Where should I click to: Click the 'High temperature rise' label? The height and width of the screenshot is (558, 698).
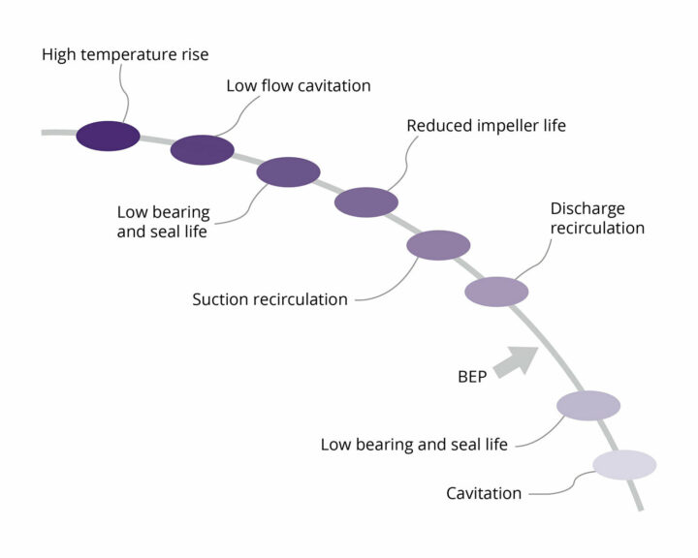125,54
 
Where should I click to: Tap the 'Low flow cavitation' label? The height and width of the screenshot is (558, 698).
299,86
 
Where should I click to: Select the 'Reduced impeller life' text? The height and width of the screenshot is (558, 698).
486,126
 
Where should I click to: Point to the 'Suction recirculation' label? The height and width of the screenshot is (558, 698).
270,299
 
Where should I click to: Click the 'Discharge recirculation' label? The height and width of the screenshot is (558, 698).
597,218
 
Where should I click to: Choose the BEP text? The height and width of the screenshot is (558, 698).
472,377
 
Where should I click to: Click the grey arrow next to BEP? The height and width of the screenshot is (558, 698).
517,361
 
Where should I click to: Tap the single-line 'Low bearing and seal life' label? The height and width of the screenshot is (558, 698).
414,445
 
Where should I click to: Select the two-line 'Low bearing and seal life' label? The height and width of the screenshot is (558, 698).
164,222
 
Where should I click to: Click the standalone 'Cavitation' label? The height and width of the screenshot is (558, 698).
484,493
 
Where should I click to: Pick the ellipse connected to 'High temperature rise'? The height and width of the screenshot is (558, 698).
109,137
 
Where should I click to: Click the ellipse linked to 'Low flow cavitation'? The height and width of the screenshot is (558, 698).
203,150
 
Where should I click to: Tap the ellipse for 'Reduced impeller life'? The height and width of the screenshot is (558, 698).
366,202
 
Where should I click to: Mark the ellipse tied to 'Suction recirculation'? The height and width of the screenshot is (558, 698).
438,245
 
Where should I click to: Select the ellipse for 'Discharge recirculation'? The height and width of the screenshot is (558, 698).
496,292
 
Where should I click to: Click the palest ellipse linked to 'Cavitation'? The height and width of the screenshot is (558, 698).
624,465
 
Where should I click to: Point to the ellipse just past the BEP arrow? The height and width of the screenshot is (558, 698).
588,406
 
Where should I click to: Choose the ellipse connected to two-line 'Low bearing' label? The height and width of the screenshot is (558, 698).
289,172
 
